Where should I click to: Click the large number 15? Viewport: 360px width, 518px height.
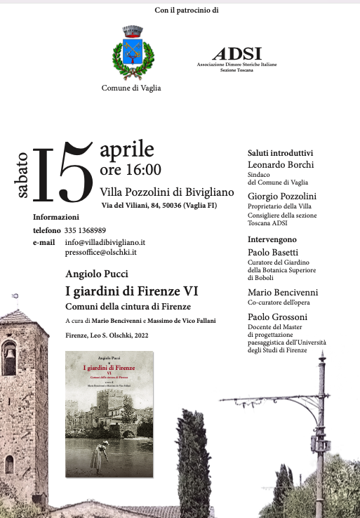pyautogui.click(x=62, y=173)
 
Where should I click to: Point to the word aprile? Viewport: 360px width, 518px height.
pyautogui.click(x=126, y=149)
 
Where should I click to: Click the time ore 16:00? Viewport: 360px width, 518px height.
pyautogui.click(x=131, y=169)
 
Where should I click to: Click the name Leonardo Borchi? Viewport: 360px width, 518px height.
pyautogui.click(x=281, y=165)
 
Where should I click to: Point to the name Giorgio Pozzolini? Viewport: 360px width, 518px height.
pyautogui.click(x=282, y=196)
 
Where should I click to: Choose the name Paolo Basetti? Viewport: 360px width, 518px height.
pyautogui.click(x=275, y=253)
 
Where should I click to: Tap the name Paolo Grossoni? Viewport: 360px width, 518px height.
pyautogui.click(x=279, y=317)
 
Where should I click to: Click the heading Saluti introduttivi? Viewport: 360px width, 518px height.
pyautogui.click(x=281, y=153)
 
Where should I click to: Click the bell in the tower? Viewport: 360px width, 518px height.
pyautogui.click(x=9, y=349)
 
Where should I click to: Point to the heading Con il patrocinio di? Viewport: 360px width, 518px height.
pyautogui.click(x=187, y=11)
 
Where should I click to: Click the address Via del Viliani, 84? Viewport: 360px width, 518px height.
pyautogui.click(x=134, y=204)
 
